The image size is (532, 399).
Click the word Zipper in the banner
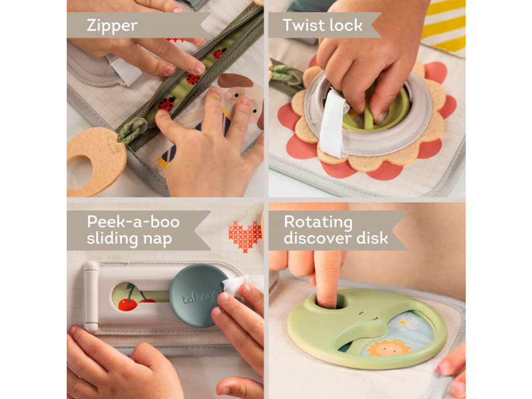[x=112, y=26]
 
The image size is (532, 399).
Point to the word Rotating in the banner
[x=318, y=222]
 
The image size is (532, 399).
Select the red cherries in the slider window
[x=132, y=299]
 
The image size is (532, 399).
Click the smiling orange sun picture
[x=388, y=348]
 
